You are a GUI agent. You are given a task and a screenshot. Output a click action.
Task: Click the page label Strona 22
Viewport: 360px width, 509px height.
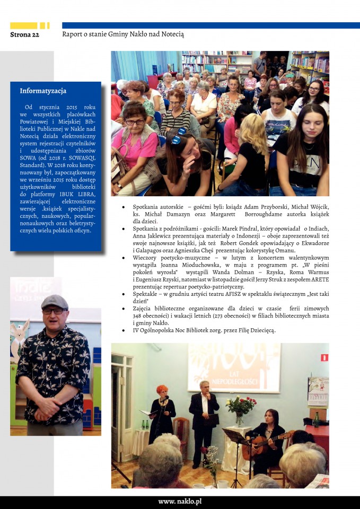(24, 35)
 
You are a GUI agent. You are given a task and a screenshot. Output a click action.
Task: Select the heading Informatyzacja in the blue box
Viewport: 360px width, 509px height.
(43, 91)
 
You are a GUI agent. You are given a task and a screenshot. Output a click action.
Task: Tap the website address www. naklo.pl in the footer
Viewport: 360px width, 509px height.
(180, 501)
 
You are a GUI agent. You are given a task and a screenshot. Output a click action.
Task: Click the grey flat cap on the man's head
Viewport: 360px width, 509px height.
(54, 302)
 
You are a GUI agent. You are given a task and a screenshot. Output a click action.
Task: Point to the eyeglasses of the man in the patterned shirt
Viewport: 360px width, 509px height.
(53, 311)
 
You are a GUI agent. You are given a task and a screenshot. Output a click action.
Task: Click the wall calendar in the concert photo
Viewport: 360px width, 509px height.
(318, 391)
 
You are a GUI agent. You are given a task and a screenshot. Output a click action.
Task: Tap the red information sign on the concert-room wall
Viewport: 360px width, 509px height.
(324, 357)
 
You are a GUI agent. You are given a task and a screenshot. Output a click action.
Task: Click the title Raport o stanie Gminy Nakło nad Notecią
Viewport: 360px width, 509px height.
(123, 34)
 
